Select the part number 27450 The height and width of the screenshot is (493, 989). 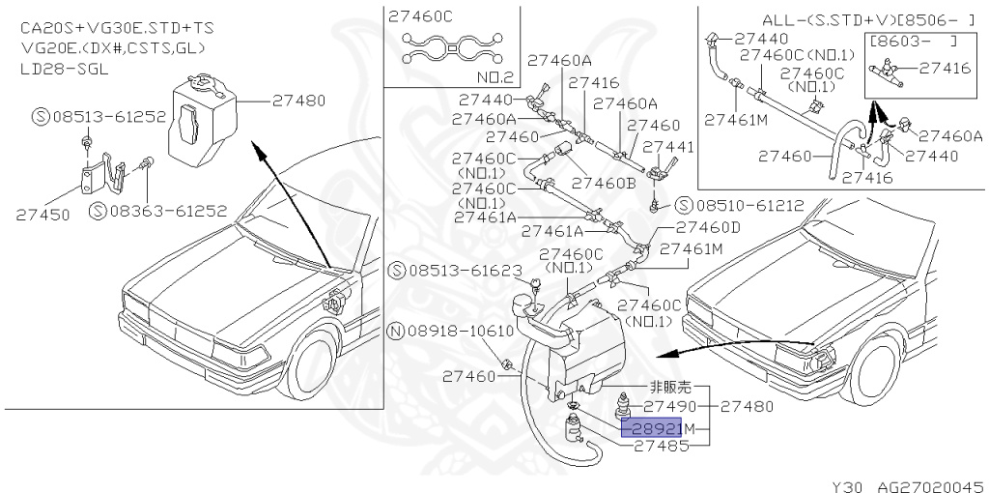tap(42, 215)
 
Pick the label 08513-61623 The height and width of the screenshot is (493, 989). tap(453, 270)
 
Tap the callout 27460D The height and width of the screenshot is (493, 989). tap(707, 228)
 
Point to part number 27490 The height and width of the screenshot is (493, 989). tap(669, 407)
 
